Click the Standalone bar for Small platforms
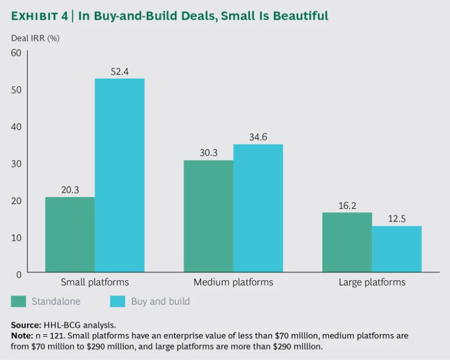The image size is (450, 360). coord(70,235)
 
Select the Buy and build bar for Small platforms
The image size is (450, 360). coord(120,175)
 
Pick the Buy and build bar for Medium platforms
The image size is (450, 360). coord(258,208)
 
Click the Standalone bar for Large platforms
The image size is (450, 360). coord(347,242)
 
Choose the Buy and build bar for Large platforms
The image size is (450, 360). coord(397,249)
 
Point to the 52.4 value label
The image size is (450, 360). coord(120,72)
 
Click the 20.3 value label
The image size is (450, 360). coord(70,190)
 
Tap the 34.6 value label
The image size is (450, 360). coord(258,138)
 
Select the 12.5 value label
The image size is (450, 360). coord(397,219)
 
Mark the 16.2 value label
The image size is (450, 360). coord(347,206)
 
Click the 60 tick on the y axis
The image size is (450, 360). coord(16,53)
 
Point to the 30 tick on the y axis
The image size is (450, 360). coord(16,164)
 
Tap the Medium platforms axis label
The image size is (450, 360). coord(233,282)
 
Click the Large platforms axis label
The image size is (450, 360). coord(372,282)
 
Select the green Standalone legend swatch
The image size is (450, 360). coord(19,302)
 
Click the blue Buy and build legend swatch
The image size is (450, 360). coord(118,302)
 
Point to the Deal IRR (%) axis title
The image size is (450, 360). coord(35,38)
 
